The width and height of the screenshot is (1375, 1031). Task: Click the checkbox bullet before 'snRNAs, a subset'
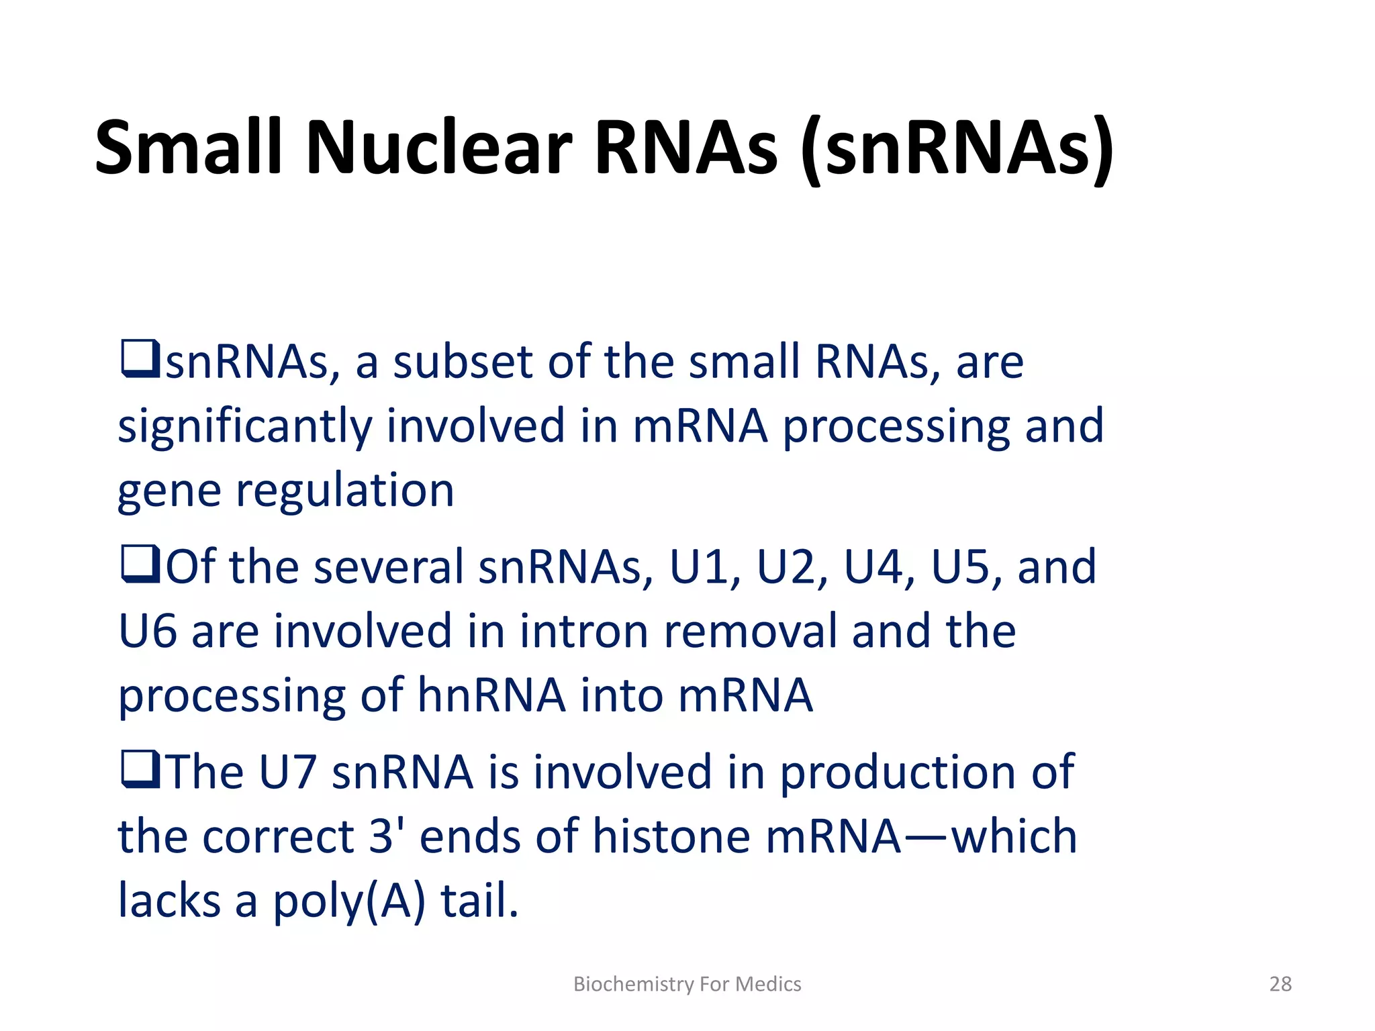(140, 359)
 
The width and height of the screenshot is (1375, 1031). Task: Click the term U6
(147, 632)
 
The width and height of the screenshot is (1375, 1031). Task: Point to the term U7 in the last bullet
(287, 773)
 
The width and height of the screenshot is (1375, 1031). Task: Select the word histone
(671, 837)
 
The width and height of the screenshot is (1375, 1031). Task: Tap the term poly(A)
(348, 901)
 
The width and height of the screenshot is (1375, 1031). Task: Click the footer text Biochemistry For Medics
(687, 984)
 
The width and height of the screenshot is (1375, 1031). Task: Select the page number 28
(1280, 984)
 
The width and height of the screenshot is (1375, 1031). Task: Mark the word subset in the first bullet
(463, 362)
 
